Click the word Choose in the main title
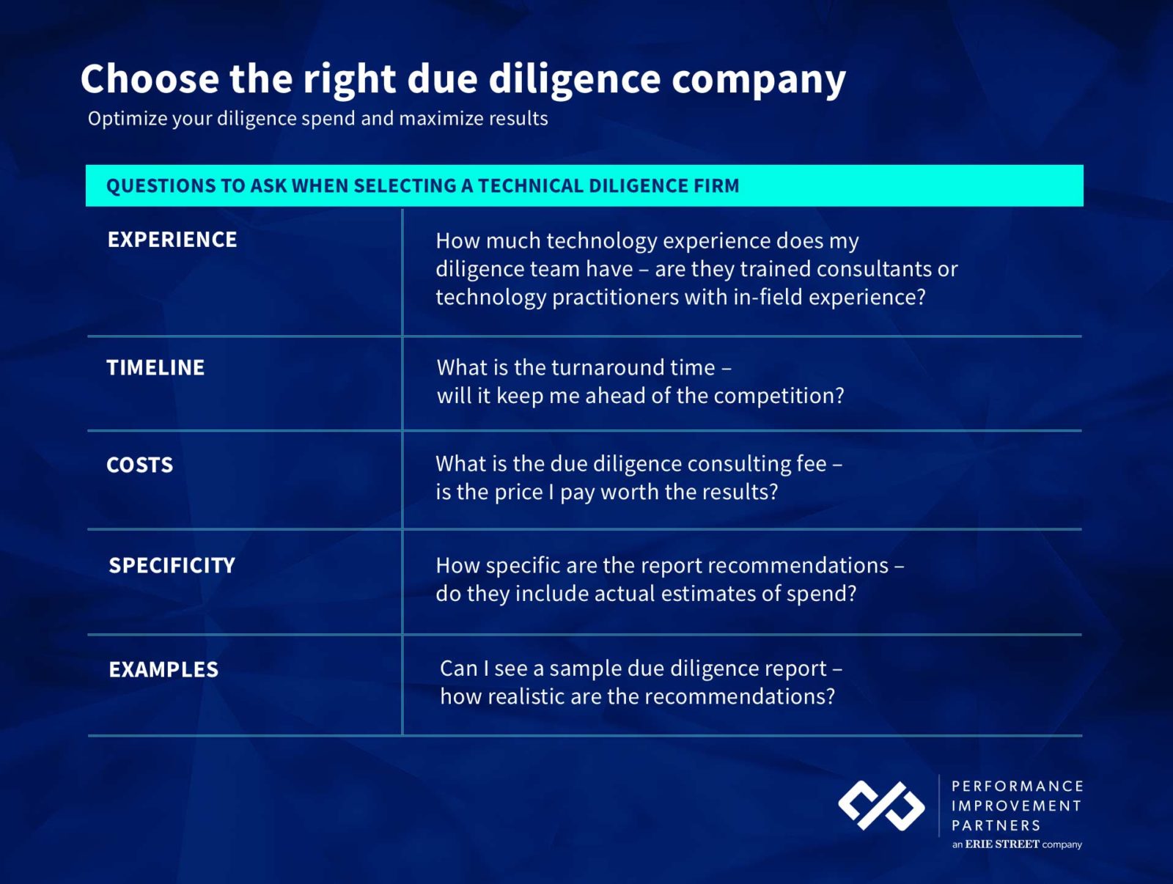point(150,79)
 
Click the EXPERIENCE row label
point(172,239)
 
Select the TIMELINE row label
point(155,367)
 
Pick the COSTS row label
point(139,465)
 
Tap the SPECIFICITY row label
point(172,565)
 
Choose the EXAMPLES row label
point(163,669)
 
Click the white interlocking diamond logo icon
point(881,806)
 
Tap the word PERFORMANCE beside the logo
point(1018,787)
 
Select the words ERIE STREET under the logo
point(1002,844)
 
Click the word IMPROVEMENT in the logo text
point(1016,806)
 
